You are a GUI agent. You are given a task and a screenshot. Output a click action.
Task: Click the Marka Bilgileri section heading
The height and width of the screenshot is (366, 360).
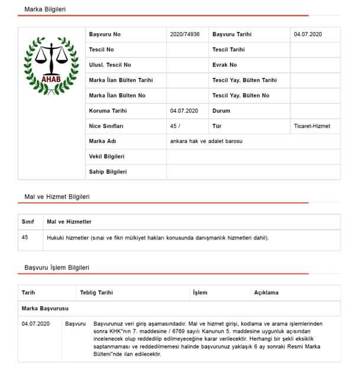45,9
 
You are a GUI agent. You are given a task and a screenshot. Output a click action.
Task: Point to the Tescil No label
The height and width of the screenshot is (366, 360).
101,50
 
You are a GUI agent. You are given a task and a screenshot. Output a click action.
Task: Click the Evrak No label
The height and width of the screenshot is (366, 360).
225,65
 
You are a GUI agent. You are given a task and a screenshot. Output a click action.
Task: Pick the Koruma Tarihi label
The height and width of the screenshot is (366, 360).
108,111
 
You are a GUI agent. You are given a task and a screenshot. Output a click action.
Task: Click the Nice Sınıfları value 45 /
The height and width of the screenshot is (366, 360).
175,126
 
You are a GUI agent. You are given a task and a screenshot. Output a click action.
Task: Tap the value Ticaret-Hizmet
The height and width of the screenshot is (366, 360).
312,126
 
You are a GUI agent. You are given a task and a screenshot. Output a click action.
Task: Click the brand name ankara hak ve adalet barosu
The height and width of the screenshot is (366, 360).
206,141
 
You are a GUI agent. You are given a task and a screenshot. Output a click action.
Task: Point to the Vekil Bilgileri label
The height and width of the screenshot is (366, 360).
106,157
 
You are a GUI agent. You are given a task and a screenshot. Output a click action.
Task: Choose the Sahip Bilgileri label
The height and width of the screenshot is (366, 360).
108,172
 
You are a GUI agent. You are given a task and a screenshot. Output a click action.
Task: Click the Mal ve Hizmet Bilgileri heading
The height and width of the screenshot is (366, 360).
57,196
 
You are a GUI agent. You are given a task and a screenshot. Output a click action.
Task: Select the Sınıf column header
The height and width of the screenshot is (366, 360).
28,222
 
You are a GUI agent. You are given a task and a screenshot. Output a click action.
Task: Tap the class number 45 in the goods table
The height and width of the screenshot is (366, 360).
25,237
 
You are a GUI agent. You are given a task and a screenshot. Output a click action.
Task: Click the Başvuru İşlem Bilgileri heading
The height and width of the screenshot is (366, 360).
57,267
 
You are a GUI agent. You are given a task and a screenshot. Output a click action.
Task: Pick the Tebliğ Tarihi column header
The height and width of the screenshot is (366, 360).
96,293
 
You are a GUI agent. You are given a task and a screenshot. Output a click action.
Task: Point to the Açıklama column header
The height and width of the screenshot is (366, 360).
266,293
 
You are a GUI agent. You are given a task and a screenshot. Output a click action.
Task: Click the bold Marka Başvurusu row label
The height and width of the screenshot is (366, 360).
45,309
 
